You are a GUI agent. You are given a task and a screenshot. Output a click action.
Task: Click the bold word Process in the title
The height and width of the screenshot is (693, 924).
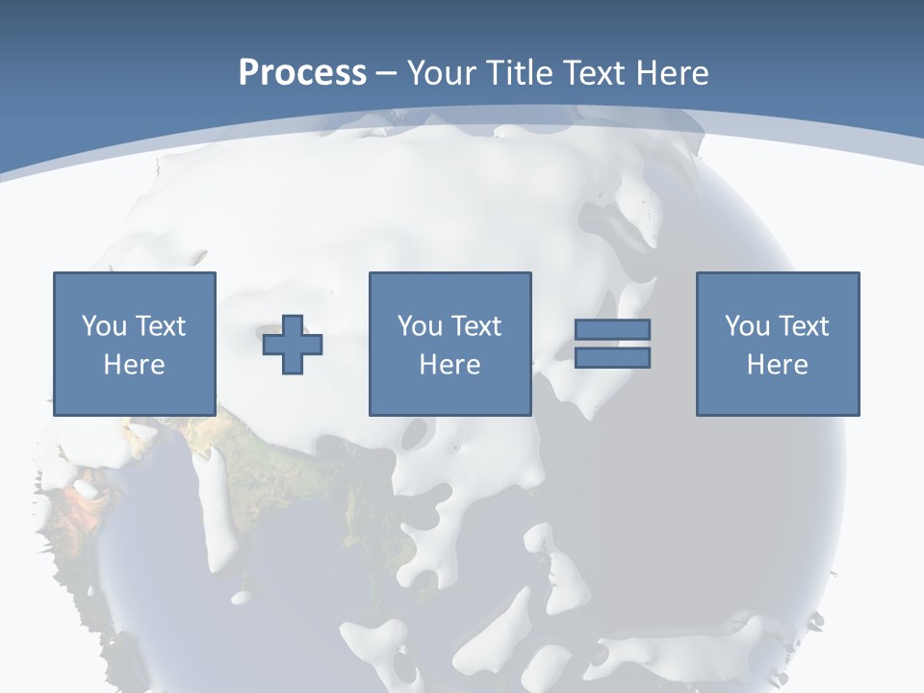pos(302,73)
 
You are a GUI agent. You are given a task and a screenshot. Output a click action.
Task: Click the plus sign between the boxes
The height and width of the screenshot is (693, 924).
pos(294,345)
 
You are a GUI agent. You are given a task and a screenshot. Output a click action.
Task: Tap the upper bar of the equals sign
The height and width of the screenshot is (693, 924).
pos(612,330)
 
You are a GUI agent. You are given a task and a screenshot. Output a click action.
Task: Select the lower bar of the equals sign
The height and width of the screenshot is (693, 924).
pos(612,358)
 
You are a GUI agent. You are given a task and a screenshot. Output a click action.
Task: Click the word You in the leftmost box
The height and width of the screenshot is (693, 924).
pos(104,326)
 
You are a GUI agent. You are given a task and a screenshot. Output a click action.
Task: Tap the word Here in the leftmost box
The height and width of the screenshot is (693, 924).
pos(134,365)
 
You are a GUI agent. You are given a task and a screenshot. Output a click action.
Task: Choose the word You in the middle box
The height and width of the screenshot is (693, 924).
pos(420,326)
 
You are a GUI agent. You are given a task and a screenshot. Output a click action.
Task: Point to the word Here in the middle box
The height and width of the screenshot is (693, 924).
pos(449,365)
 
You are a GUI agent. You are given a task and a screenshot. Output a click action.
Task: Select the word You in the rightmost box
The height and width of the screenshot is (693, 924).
pos(747,326)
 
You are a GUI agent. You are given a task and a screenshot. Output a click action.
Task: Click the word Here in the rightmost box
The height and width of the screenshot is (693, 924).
pos(777,365)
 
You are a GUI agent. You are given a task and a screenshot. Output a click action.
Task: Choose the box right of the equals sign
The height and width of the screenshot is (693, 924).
pos(778,395)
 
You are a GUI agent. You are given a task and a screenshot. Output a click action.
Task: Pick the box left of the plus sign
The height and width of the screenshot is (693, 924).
pos(135,395)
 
